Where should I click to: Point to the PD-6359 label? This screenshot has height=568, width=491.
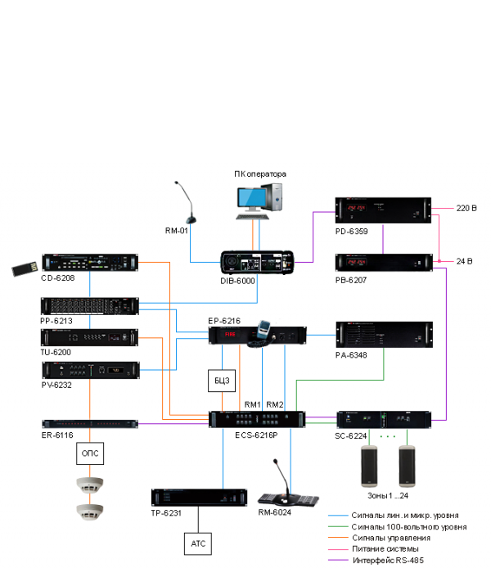coord(351,231)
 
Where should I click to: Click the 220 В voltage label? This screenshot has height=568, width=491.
coord(466,209)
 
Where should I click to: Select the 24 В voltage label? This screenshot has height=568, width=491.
coord(465,262)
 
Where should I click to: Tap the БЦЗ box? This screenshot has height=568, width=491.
coord(221,380)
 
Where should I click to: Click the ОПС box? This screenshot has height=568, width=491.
coord(90,452)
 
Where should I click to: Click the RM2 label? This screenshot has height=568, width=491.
coord(276,403)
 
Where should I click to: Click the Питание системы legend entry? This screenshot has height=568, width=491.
coord(385,548)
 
